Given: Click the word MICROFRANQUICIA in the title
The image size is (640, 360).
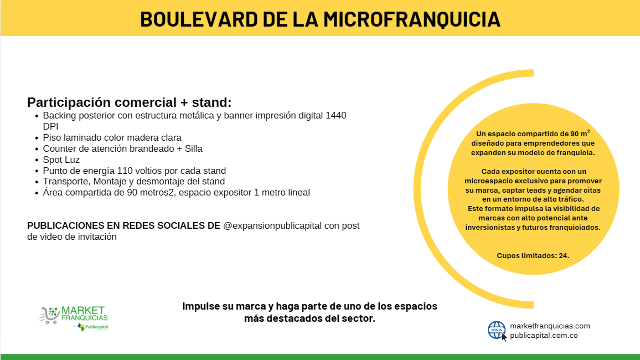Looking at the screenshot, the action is [412, 19].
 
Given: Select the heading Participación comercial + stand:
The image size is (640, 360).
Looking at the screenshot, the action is [130, 102].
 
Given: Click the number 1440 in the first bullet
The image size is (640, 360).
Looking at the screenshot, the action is [336, 116].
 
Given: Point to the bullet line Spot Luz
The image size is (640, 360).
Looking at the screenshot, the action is [61, 160].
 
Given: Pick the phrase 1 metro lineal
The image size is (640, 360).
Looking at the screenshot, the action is [282, 192].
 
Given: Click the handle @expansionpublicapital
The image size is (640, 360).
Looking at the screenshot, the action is [272, 226].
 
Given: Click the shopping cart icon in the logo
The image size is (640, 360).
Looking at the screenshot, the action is [49, 315].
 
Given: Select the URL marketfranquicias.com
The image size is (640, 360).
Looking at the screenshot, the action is [550, 326].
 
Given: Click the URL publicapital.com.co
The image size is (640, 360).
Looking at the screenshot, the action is [544, 336].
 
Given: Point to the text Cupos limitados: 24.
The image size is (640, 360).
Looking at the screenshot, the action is [533, 255].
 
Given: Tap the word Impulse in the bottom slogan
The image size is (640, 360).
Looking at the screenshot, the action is [202, 306].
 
